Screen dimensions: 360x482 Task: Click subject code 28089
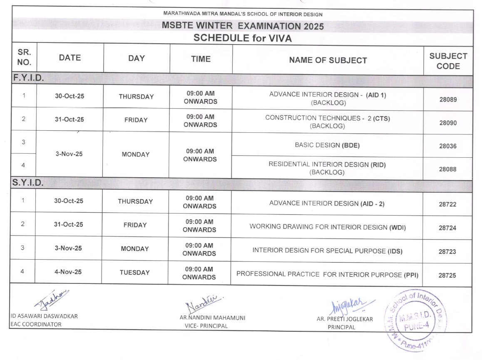tap(448, 100)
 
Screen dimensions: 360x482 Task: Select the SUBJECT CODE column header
tap(448, 61)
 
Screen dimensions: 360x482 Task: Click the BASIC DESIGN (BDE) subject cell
tap(327, 145)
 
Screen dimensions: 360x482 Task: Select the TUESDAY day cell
tap(134, 273)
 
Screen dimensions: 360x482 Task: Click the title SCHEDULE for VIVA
tap(243, 38)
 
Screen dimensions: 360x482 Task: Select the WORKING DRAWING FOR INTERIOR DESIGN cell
tap(327, 227)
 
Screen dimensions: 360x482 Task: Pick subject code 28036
tap(448, 146)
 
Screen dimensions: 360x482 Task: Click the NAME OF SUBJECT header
tap(328, 60)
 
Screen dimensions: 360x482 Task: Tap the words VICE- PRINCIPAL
tap(206, 326)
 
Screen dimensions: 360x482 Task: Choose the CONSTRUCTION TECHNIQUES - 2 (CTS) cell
tap(328, 122)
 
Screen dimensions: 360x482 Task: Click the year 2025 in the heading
tap(313, 27)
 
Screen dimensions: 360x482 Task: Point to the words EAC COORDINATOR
tap(36, 324)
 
